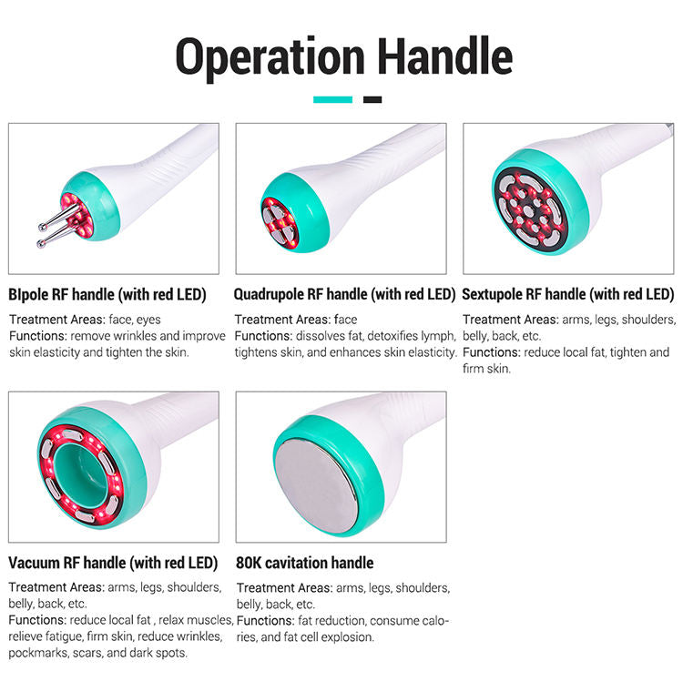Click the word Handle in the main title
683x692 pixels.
point(445,56)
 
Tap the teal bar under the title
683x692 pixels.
point(332,100)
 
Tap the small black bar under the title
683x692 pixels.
point(372,100)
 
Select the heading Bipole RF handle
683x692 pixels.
point(107,294)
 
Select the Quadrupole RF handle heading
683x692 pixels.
point(344,294)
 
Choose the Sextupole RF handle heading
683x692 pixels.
point(567,294)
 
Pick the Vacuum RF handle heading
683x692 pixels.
point(113,563)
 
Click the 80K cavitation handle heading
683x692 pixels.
point(305,563)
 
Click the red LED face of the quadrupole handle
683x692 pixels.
point(280,223)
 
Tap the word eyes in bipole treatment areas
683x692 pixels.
point(148,320)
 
